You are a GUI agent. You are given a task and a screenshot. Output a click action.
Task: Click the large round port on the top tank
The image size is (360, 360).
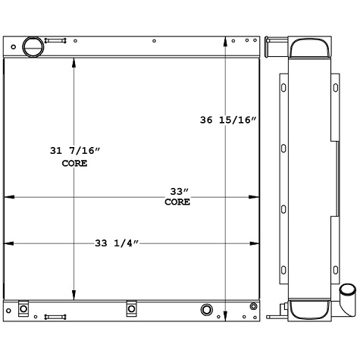click(x=33, y=46)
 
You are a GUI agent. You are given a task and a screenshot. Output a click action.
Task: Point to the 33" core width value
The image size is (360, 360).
click(x=177, y=191)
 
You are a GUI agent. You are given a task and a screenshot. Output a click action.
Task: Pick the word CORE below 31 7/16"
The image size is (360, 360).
click(x=74, y=163)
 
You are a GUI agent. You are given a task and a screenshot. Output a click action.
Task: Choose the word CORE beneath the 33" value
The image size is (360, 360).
click(x=177, y=202)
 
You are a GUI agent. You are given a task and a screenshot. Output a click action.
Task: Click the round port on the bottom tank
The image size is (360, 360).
click(x=206, y=309)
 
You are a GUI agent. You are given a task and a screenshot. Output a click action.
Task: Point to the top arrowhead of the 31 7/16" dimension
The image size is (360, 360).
click(x=74, y=63)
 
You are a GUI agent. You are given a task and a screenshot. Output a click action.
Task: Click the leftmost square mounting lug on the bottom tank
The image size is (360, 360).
click(x=23, y=308)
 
